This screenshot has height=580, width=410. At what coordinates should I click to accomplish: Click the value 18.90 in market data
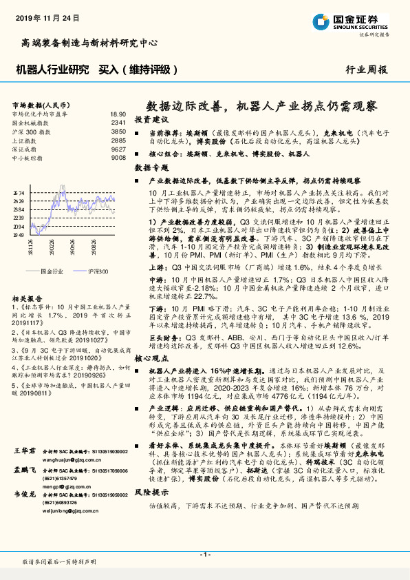[118, 114]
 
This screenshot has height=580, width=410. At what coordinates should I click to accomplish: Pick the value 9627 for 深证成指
[118, 149]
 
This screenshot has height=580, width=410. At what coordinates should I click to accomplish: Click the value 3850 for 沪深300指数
[118, 132]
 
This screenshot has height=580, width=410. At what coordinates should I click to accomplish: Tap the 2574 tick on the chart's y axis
[19, 194]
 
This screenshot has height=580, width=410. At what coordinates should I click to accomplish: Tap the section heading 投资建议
[151, 120]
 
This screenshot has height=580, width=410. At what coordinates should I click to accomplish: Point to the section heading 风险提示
[151, 493]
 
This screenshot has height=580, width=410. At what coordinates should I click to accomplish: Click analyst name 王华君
[25, 450]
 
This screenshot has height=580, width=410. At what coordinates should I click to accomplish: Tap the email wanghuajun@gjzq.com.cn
[70, 457]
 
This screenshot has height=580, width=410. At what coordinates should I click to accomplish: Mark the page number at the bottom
[205, 555]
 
